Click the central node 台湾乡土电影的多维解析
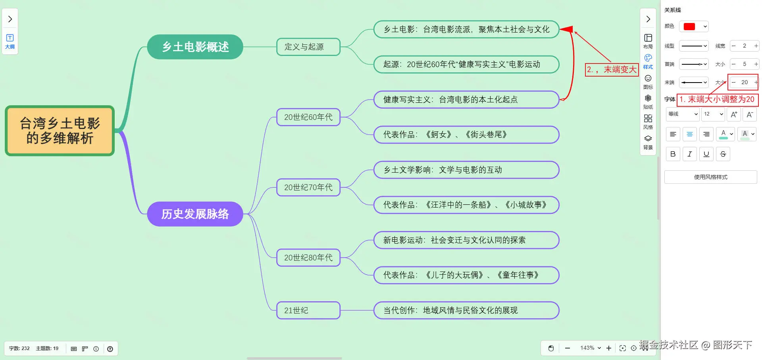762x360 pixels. pos(60,131)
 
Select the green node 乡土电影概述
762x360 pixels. pos(195,47)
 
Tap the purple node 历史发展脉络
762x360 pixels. pos(195,214)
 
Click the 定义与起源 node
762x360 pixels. pos(308,47)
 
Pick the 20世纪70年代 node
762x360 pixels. pos(308,187)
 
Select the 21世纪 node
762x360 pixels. pos(308,310)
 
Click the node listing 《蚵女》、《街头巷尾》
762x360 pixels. pos(466,135)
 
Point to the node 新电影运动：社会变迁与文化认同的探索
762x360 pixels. pos(466,240)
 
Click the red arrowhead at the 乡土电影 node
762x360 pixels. pos(566,29)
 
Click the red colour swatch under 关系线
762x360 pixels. pos(689,27)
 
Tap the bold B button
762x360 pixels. pos(673,154)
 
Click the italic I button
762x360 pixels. pos(690,154)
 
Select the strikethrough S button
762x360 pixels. pos(723,154)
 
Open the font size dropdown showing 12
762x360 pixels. pos(713,114)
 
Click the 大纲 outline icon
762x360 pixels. pos(10,41)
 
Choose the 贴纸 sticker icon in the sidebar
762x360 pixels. pos(648,101)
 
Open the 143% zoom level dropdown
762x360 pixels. pos(590,348)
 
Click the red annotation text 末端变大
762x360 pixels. pos(620,70)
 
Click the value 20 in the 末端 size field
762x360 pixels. pos(745,82)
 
